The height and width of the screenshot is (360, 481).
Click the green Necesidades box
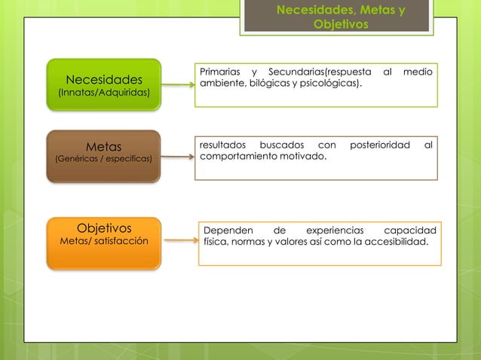click(104, 84)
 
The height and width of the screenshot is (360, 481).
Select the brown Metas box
click(104, 156)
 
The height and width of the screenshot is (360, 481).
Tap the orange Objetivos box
click(104, 243)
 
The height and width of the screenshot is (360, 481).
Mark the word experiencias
click(335, 229)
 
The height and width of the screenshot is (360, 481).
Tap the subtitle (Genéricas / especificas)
click(104, 160)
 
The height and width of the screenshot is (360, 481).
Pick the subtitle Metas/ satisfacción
click(104, 241)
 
